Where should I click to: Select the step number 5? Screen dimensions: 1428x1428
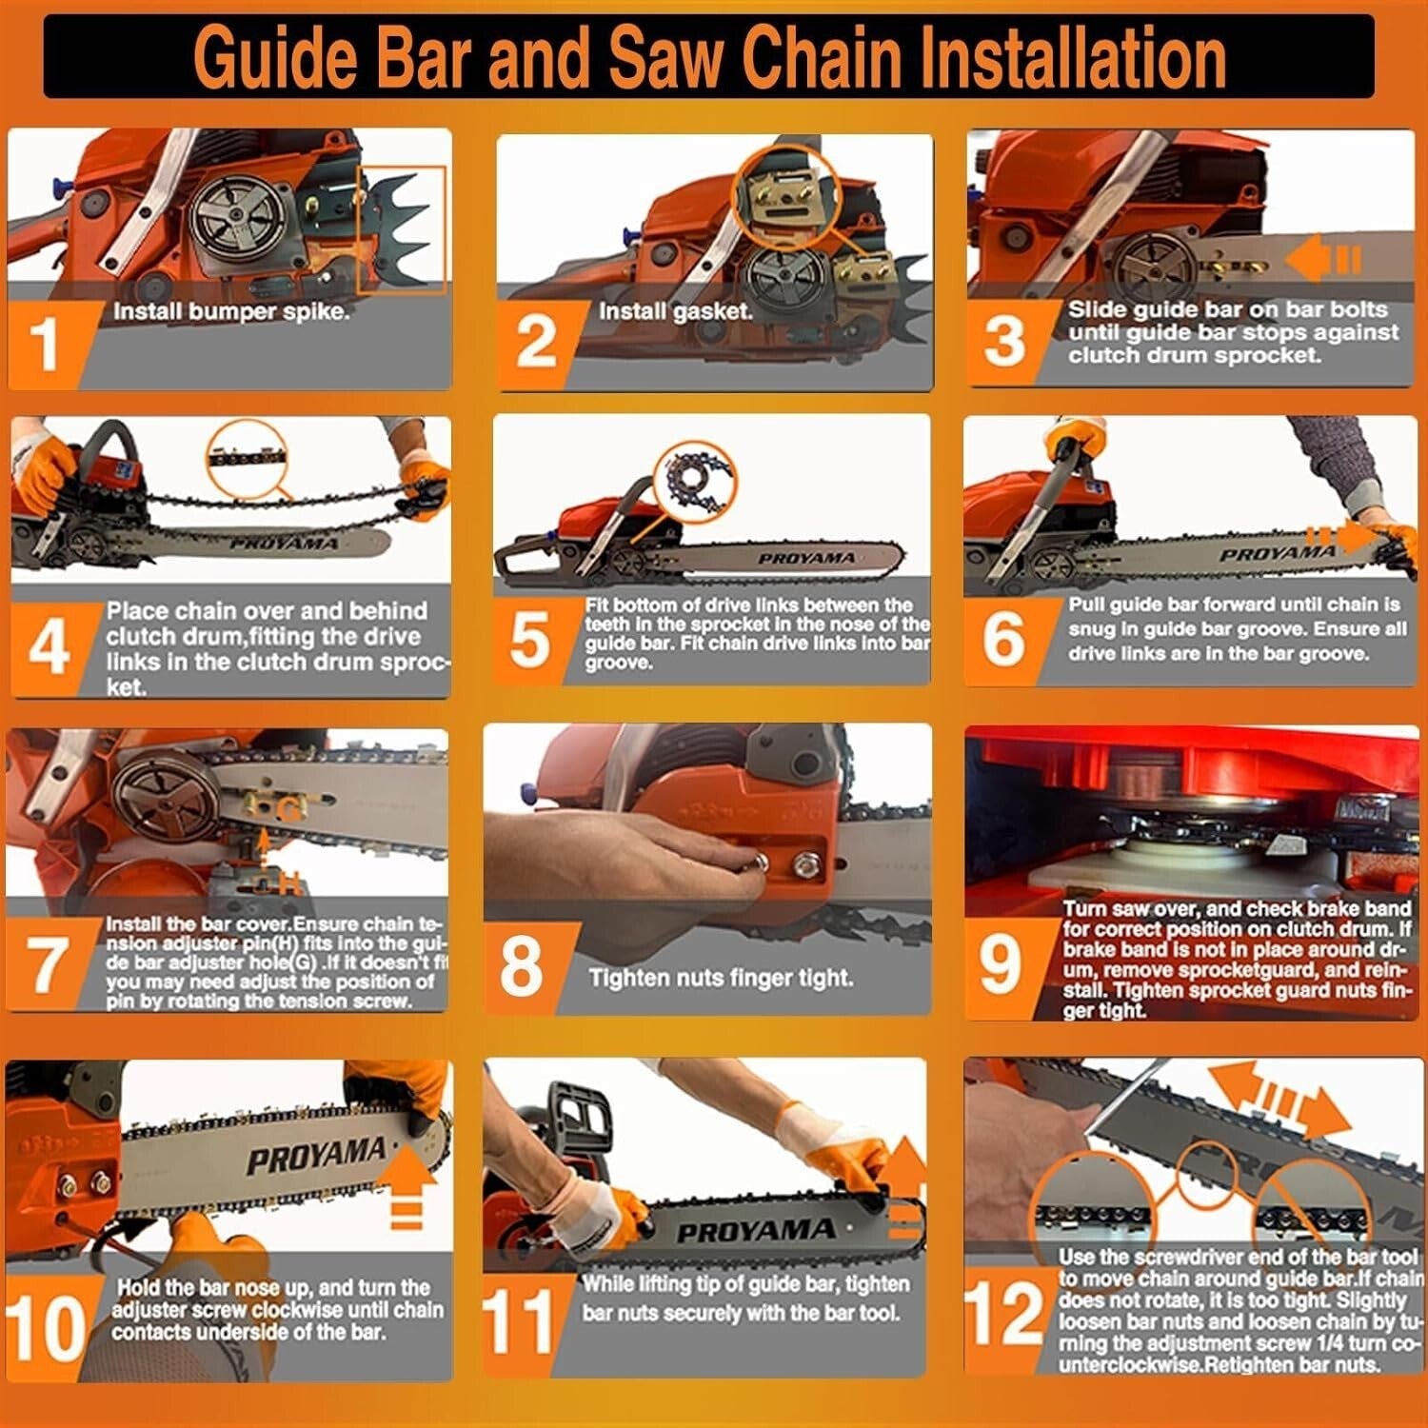[529, 639]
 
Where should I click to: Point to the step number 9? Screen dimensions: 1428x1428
[1000, 963]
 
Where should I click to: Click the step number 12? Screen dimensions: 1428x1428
[1003, 1315]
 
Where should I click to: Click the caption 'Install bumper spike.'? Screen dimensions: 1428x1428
[231, 311]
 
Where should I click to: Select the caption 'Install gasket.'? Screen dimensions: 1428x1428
[675, 310]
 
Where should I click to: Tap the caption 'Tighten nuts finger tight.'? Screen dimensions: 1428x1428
[720, 978]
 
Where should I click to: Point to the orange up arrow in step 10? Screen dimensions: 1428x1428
[407, 1185]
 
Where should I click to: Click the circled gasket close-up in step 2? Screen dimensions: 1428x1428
[783, 195]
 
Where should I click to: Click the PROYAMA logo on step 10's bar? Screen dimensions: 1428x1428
[316, 1157]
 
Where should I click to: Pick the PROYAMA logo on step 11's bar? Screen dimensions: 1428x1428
[755, 1231]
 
